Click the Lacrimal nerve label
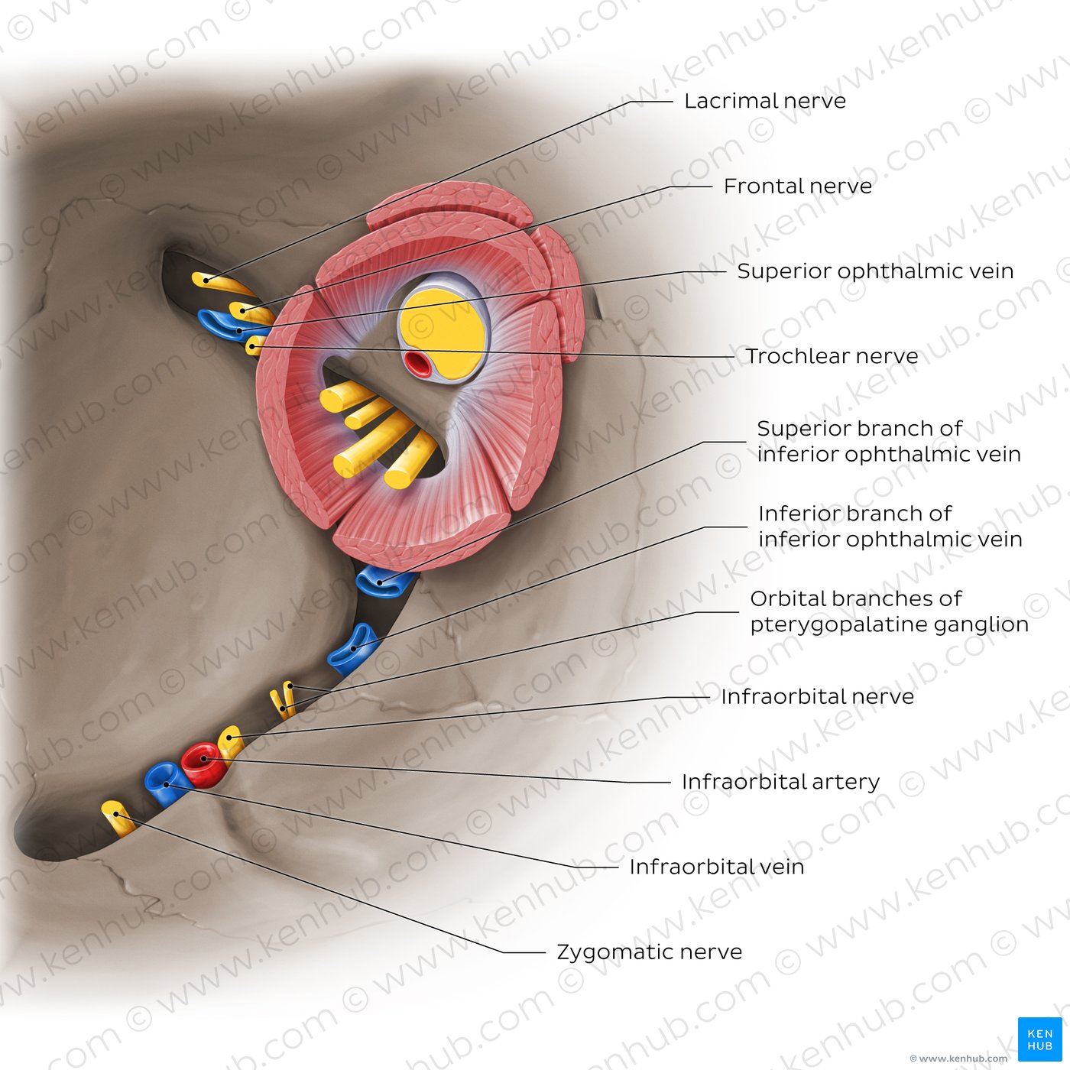click(x=764, y=101)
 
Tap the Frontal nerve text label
click(x=797, y=186)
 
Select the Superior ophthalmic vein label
click(x=875, y=271)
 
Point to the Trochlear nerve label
click(x=832, y=356)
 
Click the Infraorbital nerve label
click(x=817, y=697)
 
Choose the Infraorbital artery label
click(x=780, y=783)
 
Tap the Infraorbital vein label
click(x=716, y=867)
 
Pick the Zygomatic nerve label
click(x=649, y=952)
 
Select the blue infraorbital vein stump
click(x=167, y=785)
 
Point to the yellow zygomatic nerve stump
click(x=118, y=819)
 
